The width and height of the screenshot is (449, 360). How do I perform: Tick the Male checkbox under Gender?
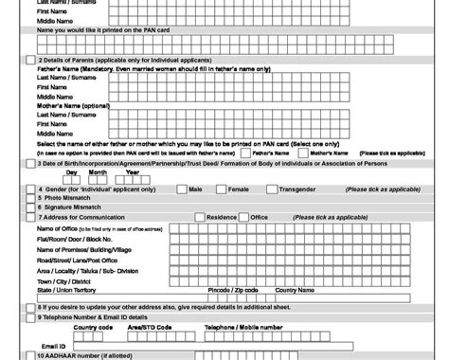pyautogui.click(x=181, y=189)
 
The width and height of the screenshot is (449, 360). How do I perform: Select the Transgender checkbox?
pyautogui.click(x=272, y=189)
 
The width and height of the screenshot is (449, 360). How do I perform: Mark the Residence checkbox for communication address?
pyautogui.click(x=199, y=217)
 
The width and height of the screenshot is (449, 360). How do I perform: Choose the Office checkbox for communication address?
pyautogui.click(x=243, y=217)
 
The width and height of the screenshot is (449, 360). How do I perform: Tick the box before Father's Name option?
pyautogui.click(x=245, y=153)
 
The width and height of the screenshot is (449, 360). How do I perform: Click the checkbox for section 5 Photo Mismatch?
pyautogui.click(x=30, y=198)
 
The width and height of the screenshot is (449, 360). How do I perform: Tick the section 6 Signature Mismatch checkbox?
pyautogui.click(x=30, y=207)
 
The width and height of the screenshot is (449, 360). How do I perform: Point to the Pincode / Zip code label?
pyautogui.click(x=232, y=289)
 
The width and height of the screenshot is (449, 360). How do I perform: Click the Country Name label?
pyautogui.click(x=295, y=289)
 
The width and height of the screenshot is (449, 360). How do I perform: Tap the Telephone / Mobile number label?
pyautogui.click(x=243, y=327)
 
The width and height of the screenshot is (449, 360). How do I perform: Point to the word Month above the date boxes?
pyautogui.click(x=98, y=172)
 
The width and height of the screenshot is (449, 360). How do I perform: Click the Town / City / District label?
pyautogui.click(x=63, y=281)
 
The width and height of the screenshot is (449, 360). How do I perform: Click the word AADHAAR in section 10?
pyautogui.click(x=61, y=355)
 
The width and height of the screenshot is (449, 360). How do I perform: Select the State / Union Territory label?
pyautogui.click(x=68, y=289)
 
